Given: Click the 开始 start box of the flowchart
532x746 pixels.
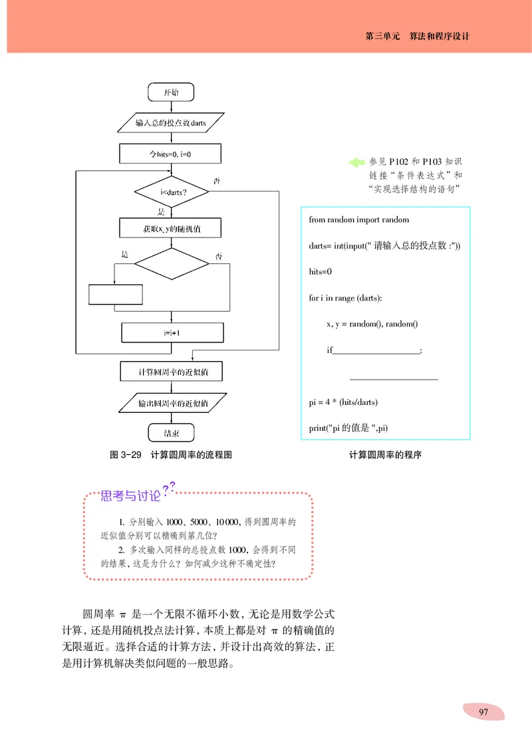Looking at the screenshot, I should tap(171, 92).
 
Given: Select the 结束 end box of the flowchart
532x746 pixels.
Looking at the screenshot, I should tap(171, 434).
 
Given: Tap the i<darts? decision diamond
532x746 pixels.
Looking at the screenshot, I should tap(172, 193).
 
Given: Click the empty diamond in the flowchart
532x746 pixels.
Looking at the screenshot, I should tap(172, 263).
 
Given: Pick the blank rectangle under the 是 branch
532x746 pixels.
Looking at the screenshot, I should tap(116, 294).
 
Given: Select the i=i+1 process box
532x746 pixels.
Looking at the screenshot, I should tap(172, 332).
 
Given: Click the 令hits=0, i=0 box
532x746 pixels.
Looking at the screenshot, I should tap(171, 154).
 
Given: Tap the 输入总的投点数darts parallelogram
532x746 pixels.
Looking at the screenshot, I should tap(170, 123).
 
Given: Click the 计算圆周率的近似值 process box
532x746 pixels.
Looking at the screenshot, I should tap(171, 372).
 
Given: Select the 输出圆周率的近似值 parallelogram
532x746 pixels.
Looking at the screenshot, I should tap(172, 404).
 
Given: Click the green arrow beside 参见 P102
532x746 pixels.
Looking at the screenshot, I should tap(357, 162).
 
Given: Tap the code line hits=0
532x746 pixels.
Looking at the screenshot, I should tap(321, 271).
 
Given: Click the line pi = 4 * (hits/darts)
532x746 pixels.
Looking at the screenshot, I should tap(344, 402).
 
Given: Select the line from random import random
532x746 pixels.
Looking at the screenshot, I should tap(359, 219).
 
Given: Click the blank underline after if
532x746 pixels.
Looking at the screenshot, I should tap(376, 350).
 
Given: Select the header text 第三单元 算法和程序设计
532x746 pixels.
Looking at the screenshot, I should tap(418, 37).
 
